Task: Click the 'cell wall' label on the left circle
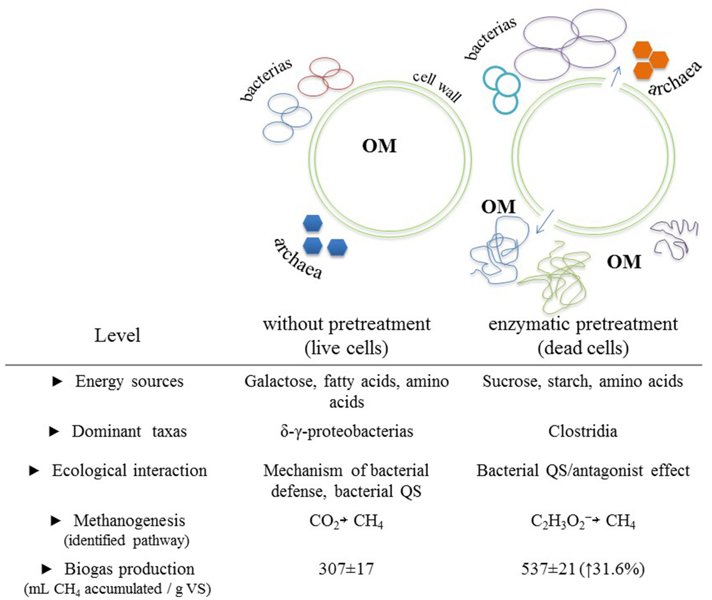(x=437, y=87)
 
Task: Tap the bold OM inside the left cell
(x=379, y=146)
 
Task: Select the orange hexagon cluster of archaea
(x=650, y=61)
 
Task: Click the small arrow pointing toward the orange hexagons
(x=616, y=76)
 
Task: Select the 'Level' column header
(x=117, y=335)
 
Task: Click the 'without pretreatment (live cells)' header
(x=346, y=335)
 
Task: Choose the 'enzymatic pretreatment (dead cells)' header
(x=582, y=335)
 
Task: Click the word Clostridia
(x=582, y=431)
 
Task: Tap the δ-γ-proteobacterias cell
(x=346, y=431)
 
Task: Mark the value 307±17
(x=346, y=569)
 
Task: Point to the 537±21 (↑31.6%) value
(x=582, y=569)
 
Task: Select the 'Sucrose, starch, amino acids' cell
(x=582, y=382)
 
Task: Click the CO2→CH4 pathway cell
(x=346, y=521)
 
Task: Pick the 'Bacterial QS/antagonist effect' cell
(x=582, y=470)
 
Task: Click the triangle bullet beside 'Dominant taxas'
(x=54, y=432)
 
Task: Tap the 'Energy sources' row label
(x=129, y=382)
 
